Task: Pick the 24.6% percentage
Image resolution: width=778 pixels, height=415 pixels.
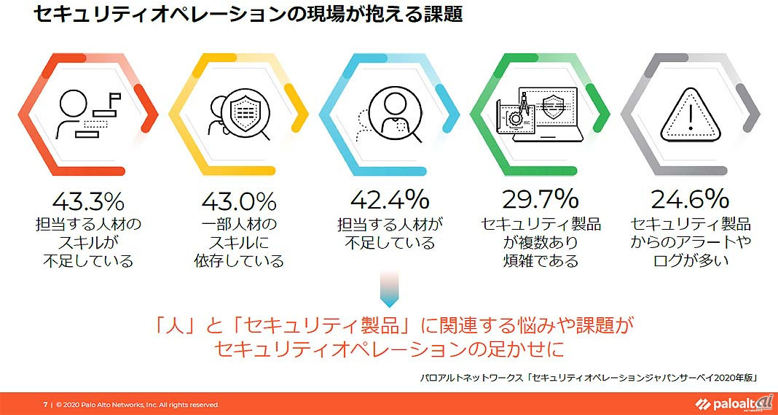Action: [x=690, y=199]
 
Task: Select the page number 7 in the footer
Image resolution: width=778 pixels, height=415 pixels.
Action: [x=44, y=404]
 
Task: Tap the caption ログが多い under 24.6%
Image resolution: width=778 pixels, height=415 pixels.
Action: [x=690, y=260]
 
